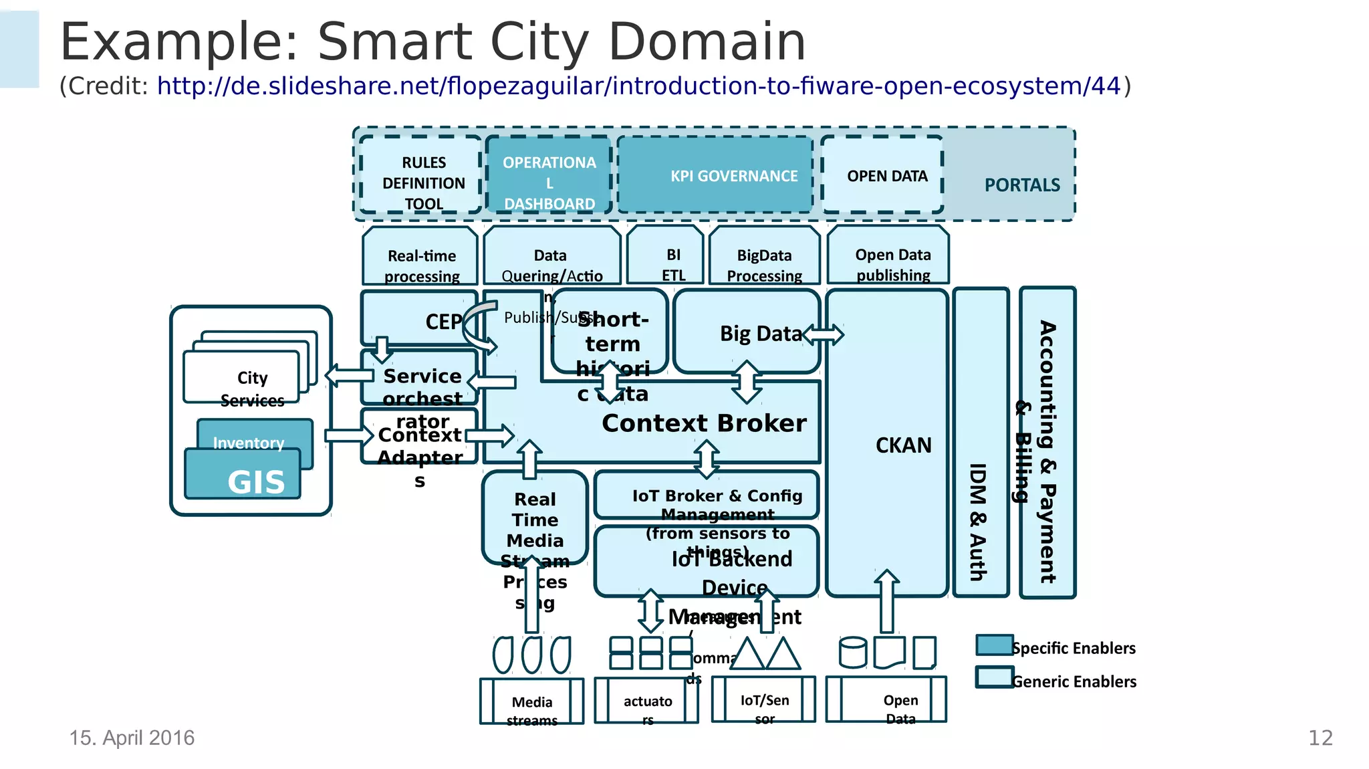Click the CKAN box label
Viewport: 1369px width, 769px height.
tap(903, 445)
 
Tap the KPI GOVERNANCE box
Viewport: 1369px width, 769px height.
tap(715, 175)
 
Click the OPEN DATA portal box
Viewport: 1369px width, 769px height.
tap(883, 175)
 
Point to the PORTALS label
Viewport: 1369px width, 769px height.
tap(1021, 185)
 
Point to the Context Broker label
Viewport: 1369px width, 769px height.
tap(704, 423)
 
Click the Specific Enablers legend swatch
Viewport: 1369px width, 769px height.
tap(994, 645)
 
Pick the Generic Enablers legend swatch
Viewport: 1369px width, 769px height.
tap(994, 677)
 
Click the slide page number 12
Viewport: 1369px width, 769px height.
tap(1320, 738)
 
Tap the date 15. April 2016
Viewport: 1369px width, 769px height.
tap(132, 738)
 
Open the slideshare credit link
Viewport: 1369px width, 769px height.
tap(638, 86)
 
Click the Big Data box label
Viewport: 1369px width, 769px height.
tap(760, 333)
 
